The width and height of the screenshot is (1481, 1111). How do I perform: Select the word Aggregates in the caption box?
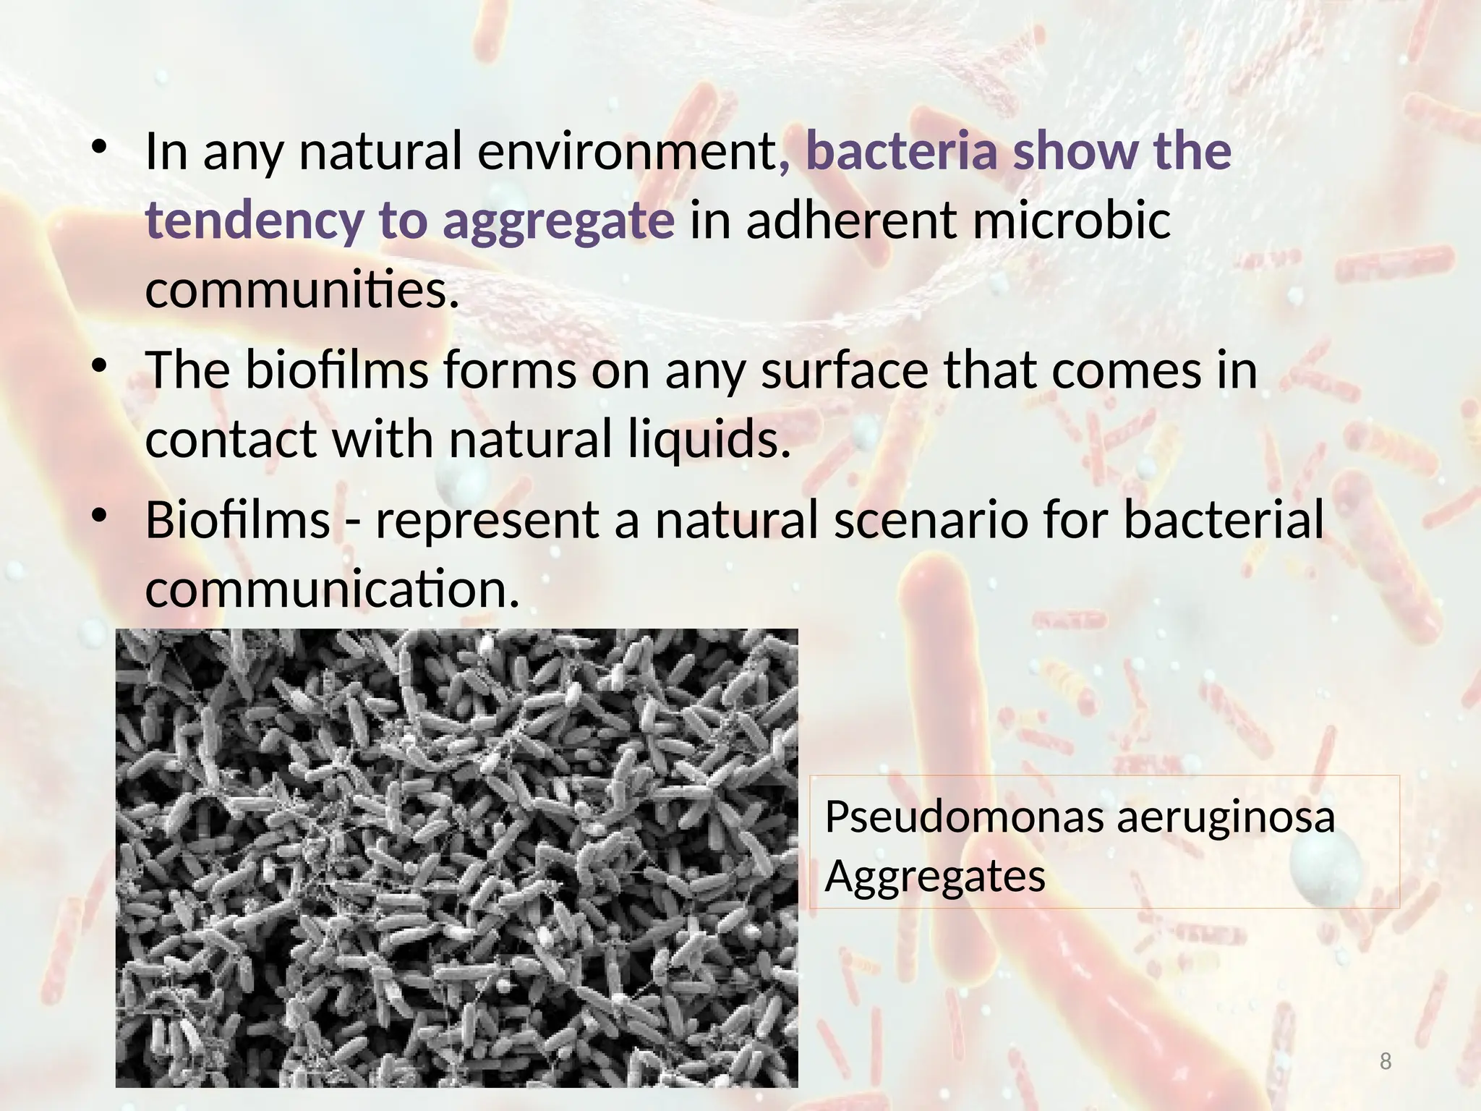click(934, 877)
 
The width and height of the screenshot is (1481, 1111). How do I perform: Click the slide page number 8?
click(1386, 1061)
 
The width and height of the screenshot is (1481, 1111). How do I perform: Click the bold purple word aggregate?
click(558, 221)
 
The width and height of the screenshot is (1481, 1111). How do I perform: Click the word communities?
click(302, 289)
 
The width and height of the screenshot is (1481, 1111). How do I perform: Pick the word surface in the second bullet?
click(845, 370)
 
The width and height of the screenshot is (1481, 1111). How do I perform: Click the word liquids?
click(709, 440)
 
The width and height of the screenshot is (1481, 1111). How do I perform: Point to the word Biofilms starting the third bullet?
click(238, 520)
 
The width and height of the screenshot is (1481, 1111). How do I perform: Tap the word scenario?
click(931, 520)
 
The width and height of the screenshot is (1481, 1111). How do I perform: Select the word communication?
click(333, 589)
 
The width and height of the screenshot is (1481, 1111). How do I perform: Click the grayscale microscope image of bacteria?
click(456, 857)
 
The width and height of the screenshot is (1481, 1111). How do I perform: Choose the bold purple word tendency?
click(255, 221)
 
